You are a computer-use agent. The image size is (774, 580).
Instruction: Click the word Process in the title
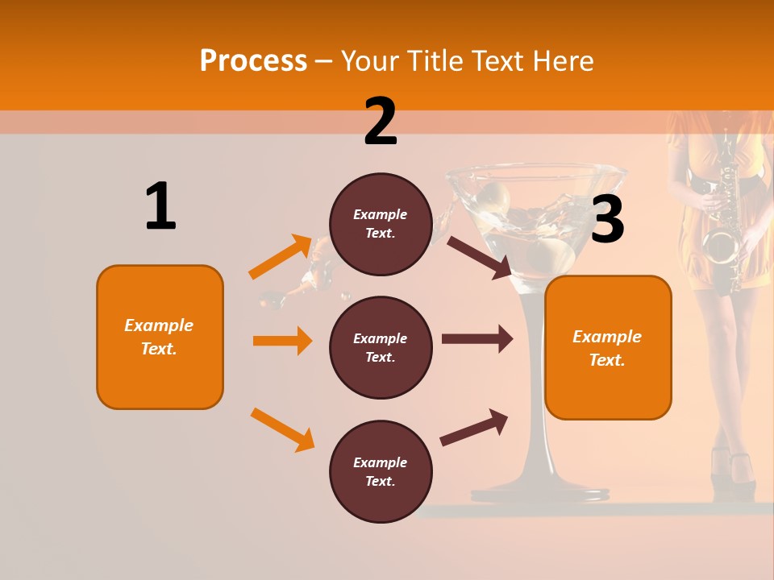(253, 61)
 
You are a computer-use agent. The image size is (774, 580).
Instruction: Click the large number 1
(160, 206)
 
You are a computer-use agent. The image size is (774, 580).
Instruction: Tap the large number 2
(381, 122)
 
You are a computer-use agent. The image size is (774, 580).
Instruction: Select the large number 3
(608, 219)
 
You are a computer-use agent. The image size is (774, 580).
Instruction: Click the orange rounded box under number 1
(160, 337)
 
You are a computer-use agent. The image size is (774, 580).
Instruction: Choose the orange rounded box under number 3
(608, 347)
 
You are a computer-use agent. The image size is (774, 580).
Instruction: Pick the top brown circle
(381, 224)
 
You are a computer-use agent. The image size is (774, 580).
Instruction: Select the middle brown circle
(381, 347)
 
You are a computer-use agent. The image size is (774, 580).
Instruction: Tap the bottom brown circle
(381, 471)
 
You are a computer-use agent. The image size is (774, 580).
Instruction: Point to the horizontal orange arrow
(282, 341)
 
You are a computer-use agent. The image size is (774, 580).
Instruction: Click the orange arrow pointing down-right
(282, 429)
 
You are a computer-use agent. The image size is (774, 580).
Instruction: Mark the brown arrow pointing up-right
(474, 428)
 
